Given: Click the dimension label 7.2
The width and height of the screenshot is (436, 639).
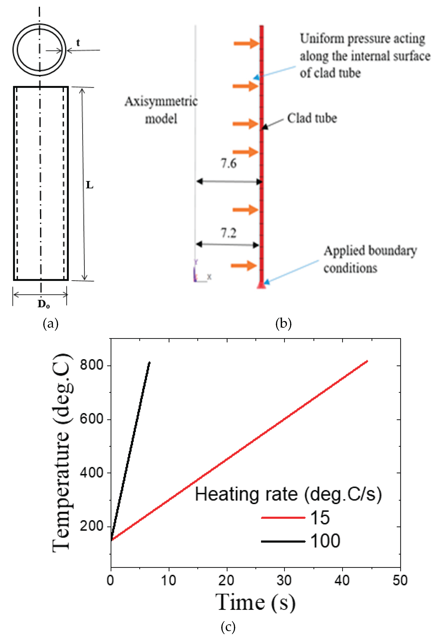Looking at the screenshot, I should tap(229, 233).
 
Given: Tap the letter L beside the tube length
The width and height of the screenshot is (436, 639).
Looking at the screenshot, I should tap(90, 185).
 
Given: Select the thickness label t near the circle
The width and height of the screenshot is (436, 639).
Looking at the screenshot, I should tap(78, 43).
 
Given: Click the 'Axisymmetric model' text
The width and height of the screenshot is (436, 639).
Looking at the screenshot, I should tap(161, 110).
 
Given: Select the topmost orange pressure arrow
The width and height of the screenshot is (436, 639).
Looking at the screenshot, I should tap(246, 43).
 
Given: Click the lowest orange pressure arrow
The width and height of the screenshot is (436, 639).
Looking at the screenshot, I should tap(243, 265).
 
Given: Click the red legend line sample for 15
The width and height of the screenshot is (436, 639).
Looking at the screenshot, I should tap(283, 518).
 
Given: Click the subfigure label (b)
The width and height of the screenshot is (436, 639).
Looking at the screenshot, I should tap(283, 324).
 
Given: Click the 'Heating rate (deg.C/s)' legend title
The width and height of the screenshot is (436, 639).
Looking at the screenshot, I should tap(288, 494).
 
